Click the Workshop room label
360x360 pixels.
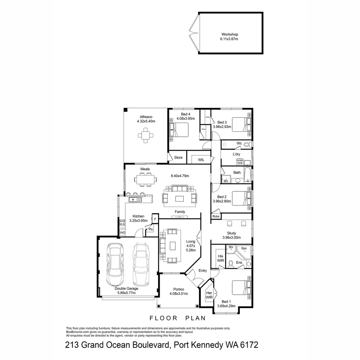(x=230, y=34)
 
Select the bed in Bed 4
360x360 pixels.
(x=180, y=130)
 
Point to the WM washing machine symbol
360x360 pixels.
(x=239, y=163)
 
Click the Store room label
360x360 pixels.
(x=178, y=157)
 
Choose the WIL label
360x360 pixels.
(x=201, y=160)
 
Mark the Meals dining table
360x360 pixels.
(x=145, y=179)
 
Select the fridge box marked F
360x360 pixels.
(x=155, y=219)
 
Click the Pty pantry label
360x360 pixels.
(x=151, y=229)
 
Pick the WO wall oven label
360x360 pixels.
(x=122, y=232)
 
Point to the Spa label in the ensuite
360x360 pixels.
(x=244, y=249)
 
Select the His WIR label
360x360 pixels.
(x=220, y=258)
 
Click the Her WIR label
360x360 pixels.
(x=209, y=295)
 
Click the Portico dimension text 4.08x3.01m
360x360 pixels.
(x=178, y=294)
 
